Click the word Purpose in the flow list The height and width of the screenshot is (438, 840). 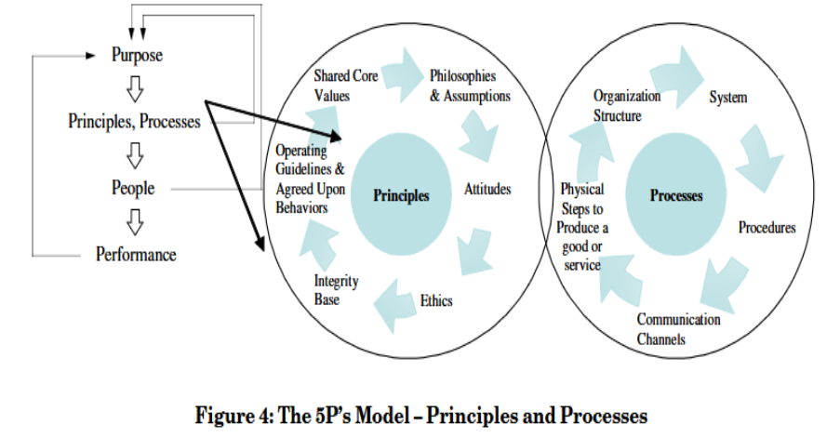137,55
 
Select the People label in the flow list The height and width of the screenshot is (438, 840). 133,188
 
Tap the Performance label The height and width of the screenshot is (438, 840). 136,254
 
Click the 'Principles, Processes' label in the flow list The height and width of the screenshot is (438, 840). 134,121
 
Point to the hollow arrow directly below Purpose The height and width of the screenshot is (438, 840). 136,88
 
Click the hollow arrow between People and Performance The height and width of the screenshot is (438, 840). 136,221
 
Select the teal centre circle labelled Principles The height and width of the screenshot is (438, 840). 402,195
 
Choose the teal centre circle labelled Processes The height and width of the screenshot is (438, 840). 676,195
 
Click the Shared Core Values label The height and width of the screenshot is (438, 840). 345,85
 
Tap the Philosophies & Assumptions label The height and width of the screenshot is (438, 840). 470,86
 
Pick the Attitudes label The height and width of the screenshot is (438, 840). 487,191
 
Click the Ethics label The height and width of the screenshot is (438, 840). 436,301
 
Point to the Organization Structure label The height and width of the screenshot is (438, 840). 627,105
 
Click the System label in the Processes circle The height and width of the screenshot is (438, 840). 728,98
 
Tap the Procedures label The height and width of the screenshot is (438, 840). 767,228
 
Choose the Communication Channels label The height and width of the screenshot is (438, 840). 678,329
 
